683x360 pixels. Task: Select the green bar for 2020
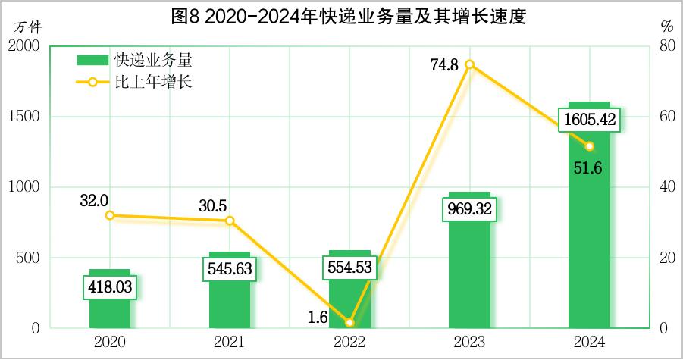coord(110,311)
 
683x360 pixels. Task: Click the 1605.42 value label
coord(590,120)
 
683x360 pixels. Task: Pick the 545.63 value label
coord(230,268)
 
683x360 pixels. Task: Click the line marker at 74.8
coord(469,64)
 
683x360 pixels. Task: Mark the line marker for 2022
coord(349,323)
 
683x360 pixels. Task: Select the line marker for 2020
coord(110,215)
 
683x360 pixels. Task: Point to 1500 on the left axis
coord(25,117)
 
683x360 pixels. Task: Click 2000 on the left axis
coord(25,46)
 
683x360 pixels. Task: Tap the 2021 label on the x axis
coord(230,343)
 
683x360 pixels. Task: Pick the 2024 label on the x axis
coord(590,343)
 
